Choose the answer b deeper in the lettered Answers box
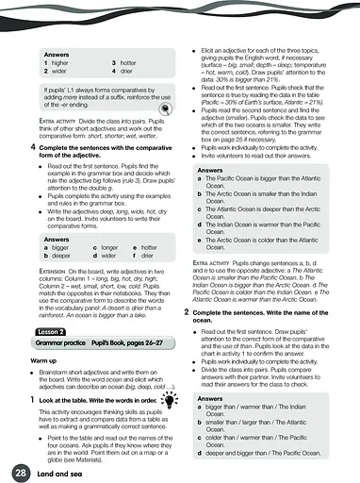coord(58,256)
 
